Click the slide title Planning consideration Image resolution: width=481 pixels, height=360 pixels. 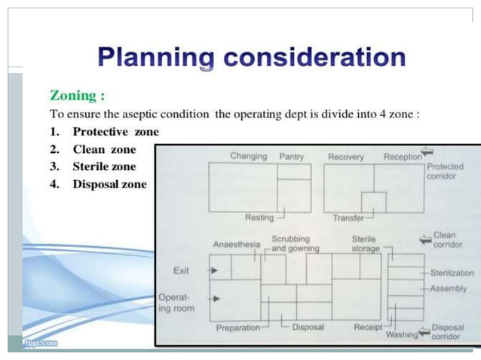point(251,57)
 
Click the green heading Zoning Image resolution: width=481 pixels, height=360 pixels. point(77,96)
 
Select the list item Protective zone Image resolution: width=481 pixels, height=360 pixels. point(115,132)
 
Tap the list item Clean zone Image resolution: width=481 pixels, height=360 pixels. point(104,150)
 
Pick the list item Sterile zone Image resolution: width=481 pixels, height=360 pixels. point(104,166)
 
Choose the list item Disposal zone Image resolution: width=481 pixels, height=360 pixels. point(109,185)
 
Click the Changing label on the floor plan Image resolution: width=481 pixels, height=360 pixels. point(248,156)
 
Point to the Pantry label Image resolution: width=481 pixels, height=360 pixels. point(291,157)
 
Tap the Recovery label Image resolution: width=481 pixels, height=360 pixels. point(346,157)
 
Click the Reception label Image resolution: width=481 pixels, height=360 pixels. point(403,157)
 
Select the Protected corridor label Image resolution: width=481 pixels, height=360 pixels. point(445,171)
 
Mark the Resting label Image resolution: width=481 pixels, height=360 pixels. point(259,218)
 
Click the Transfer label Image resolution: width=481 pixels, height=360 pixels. point(348,218)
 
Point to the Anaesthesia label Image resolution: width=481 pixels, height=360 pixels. point(236,245)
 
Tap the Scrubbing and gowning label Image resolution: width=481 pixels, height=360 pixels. point(295,243)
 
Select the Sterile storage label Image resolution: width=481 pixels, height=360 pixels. point(366,243)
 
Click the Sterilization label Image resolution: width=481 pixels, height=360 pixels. point(452,273)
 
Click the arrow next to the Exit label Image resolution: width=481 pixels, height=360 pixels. point(215,270)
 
